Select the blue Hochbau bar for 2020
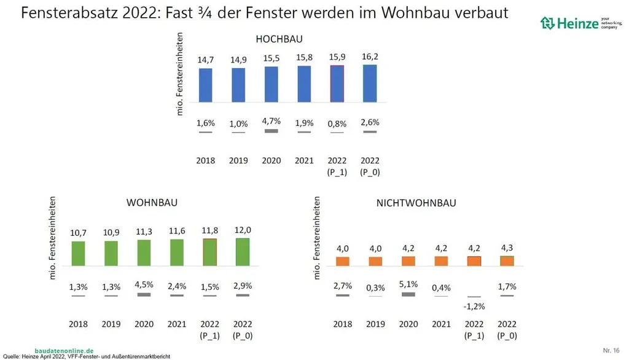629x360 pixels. coord(271,84)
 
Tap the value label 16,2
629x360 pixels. coord(370,57)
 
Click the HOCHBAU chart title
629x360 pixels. coord(279,39)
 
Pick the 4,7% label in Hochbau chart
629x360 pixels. coord(271,121)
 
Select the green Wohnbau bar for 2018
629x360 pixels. coord(78,253)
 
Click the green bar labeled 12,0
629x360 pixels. coord(243,252)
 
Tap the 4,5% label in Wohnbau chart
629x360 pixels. coord(143,284)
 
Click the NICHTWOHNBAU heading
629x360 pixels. coord(415,203)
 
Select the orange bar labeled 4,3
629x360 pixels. coord(507,260)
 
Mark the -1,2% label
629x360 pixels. coord(474,305)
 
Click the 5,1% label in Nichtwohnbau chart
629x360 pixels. coord(408,284)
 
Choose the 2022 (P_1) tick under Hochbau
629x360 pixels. coord(337,166)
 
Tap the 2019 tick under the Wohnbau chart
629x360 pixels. coord(111,323)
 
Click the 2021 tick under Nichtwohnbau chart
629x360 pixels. coord(441,323)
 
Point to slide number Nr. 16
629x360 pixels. coord(611,350)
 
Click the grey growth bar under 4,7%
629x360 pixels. coord(271,131)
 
